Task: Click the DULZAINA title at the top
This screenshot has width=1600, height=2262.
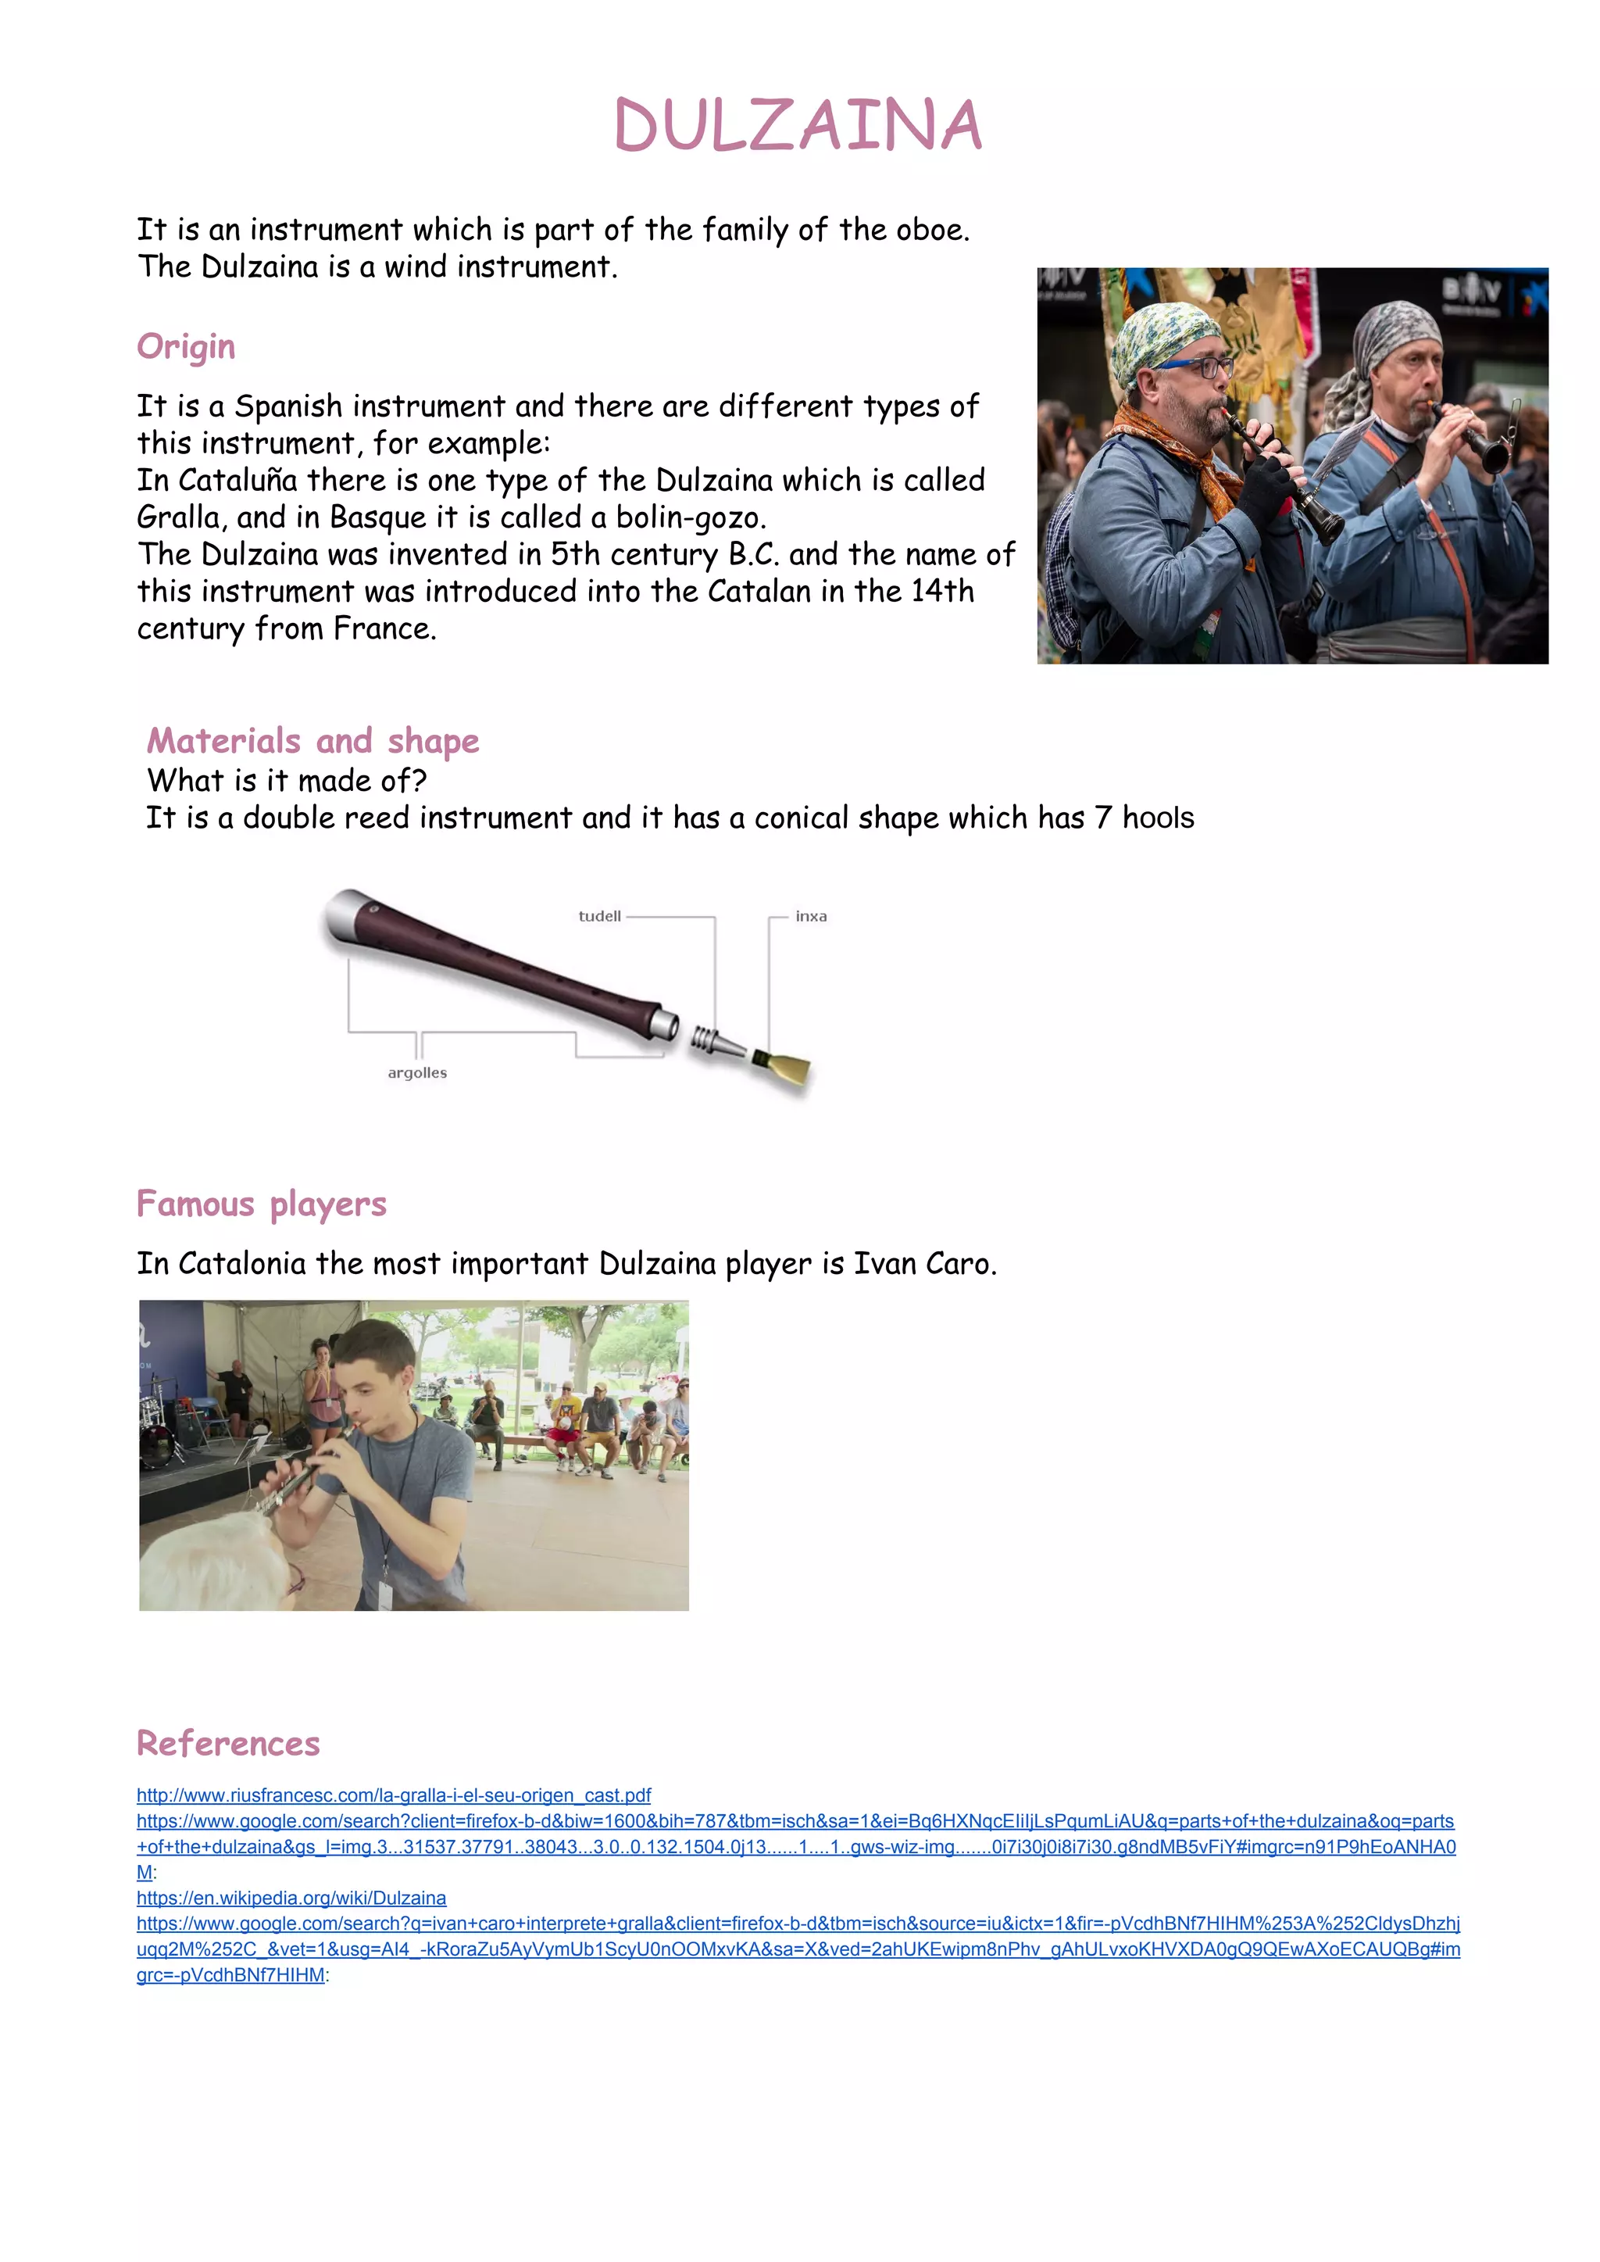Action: (x=798, y=126)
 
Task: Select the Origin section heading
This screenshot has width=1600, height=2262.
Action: (x=186, y=347)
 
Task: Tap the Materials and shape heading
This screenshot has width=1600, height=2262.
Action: (x=312, y=740)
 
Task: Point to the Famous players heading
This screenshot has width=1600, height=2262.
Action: (x=261, y=1204)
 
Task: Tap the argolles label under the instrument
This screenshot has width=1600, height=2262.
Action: (x=416, y=1072)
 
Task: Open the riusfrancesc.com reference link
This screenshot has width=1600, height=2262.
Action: (x=393, y=1796)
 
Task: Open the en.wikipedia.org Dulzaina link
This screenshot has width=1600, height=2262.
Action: (x=291, y=1899)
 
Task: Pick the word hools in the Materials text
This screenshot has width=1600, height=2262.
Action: (x=1158, y=818)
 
